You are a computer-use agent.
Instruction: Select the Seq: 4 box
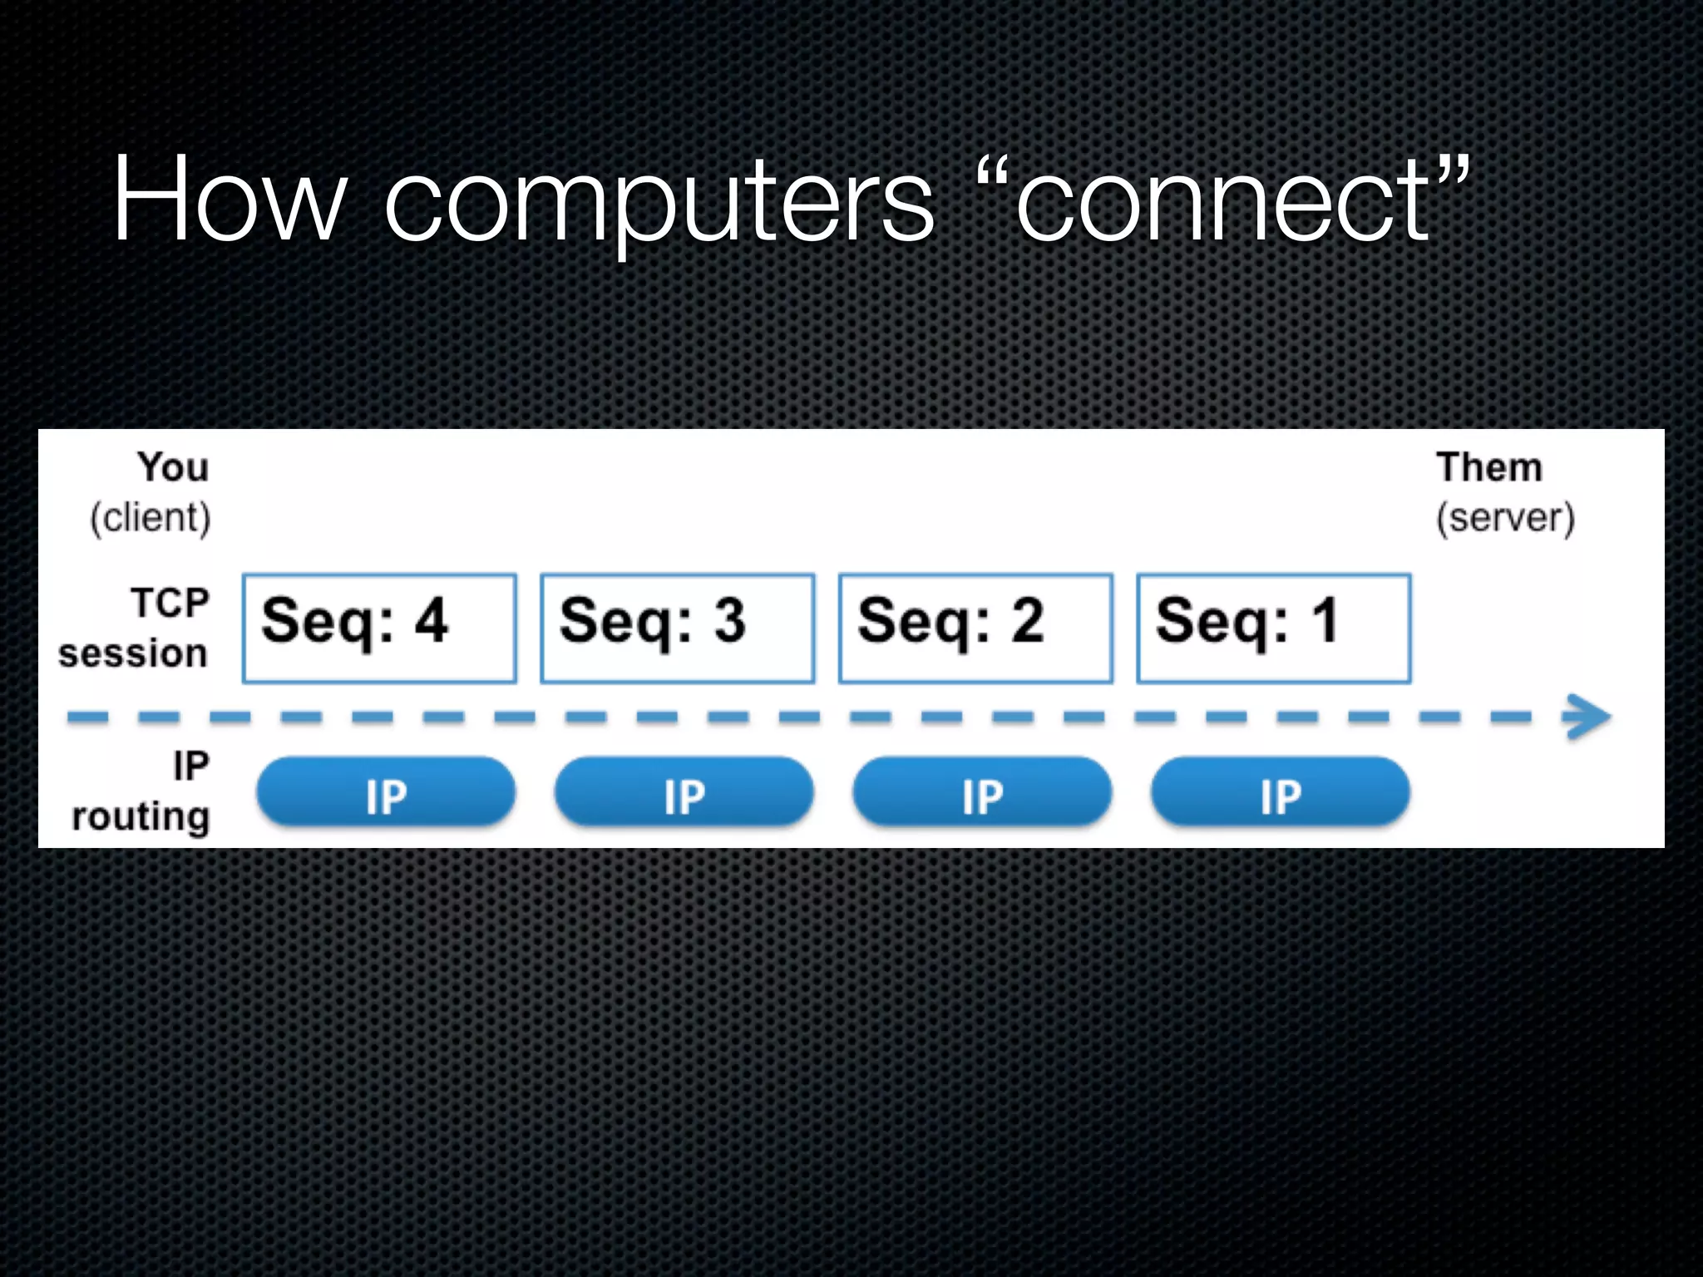[x=379, y=629]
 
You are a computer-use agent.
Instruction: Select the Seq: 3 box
[x=677, y=629]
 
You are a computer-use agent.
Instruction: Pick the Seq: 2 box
[x=975, y=629]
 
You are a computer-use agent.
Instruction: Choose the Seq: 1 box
[x=1273, y=629]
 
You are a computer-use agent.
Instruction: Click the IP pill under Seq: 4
[x=386, y=792]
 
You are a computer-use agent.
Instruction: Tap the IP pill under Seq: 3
[x=684, y=792]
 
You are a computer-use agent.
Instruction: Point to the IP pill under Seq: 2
[x=982, y=792]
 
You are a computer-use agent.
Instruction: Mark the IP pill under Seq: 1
[x=1280, y=792]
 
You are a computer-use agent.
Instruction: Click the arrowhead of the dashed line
[x=1588, y=717]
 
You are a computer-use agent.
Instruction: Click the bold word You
[x=173, y=466]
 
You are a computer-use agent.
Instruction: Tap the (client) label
[x=151, y=518]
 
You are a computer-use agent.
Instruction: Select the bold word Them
[x=1488, y=466]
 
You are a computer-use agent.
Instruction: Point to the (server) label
[x=1505, y=518]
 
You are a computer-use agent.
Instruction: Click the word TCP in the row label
[x=170, y=603]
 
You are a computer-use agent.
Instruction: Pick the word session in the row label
[x=133, y=653]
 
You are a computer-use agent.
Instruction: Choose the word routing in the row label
[x=141, y=817]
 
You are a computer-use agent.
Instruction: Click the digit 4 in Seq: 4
[x=432, y=620]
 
